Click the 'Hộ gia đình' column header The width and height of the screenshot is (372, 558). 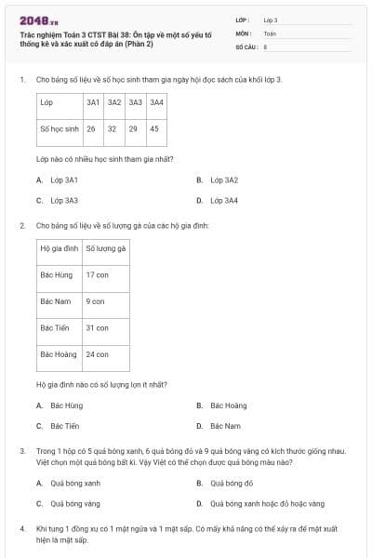click(58, 248)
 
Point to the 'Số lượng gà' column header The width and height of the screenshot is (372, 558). click(106, 248)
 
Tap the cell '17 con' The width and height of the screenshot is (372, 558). click(98, 275)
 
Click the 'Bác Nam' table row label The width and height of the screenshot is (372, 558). click(57, 301)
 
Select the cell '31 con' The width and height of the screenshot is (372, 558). click(98, 327)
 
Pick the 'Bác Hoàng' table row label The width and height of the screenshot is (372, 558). click(59, 354)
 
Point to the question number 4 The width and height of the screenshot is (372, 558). click(21, 528)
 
